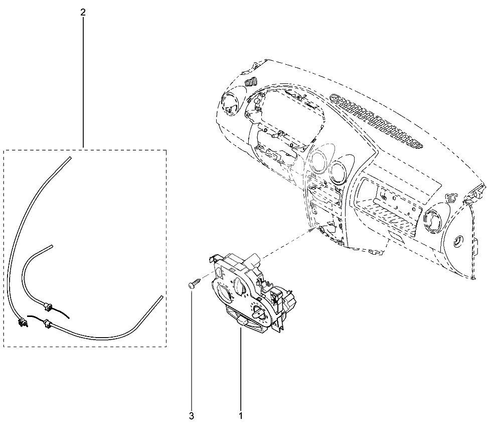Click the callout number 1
coord(240,415)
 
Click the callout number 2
coord(83,12)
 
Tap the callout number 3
coord(191,415)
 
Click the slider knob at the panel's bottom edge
coord(241,322)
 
